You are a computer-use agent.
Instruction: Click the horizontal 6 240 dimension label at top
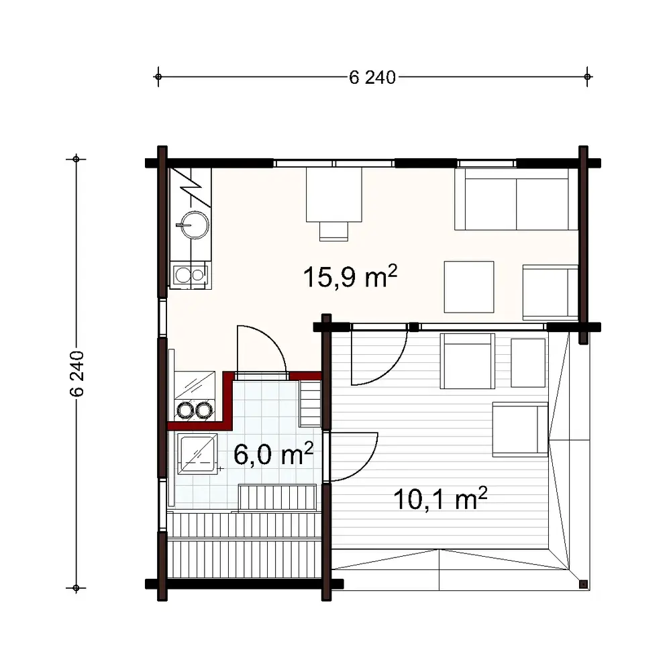click(373, 77)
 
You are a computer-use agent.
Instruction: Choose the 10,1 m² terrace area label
click(440, 499)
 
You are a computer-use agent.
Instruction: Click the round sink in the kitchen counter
click(192, 223)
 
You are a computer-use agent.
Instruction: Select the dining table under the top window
click(334, 195)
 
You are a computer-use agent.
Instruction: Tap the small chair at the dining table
click(334, 231)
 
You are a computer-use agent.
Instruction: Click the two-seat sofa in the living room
click(516, 199)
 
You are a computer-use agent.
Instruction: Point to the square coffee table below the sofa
click(469, 286)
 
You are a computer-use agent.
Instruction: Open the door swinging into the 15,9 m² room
click(259, 349)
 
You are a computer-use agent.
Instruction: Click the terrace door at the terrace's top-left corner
click(379, 355)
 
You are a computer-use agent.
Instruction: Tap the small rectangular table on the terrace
click(528, 363)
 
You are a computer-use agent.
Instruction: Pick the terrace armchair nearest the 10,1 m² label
click(520, 429)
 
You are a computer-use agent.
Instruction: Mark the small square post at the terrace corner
click(583, 584)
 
